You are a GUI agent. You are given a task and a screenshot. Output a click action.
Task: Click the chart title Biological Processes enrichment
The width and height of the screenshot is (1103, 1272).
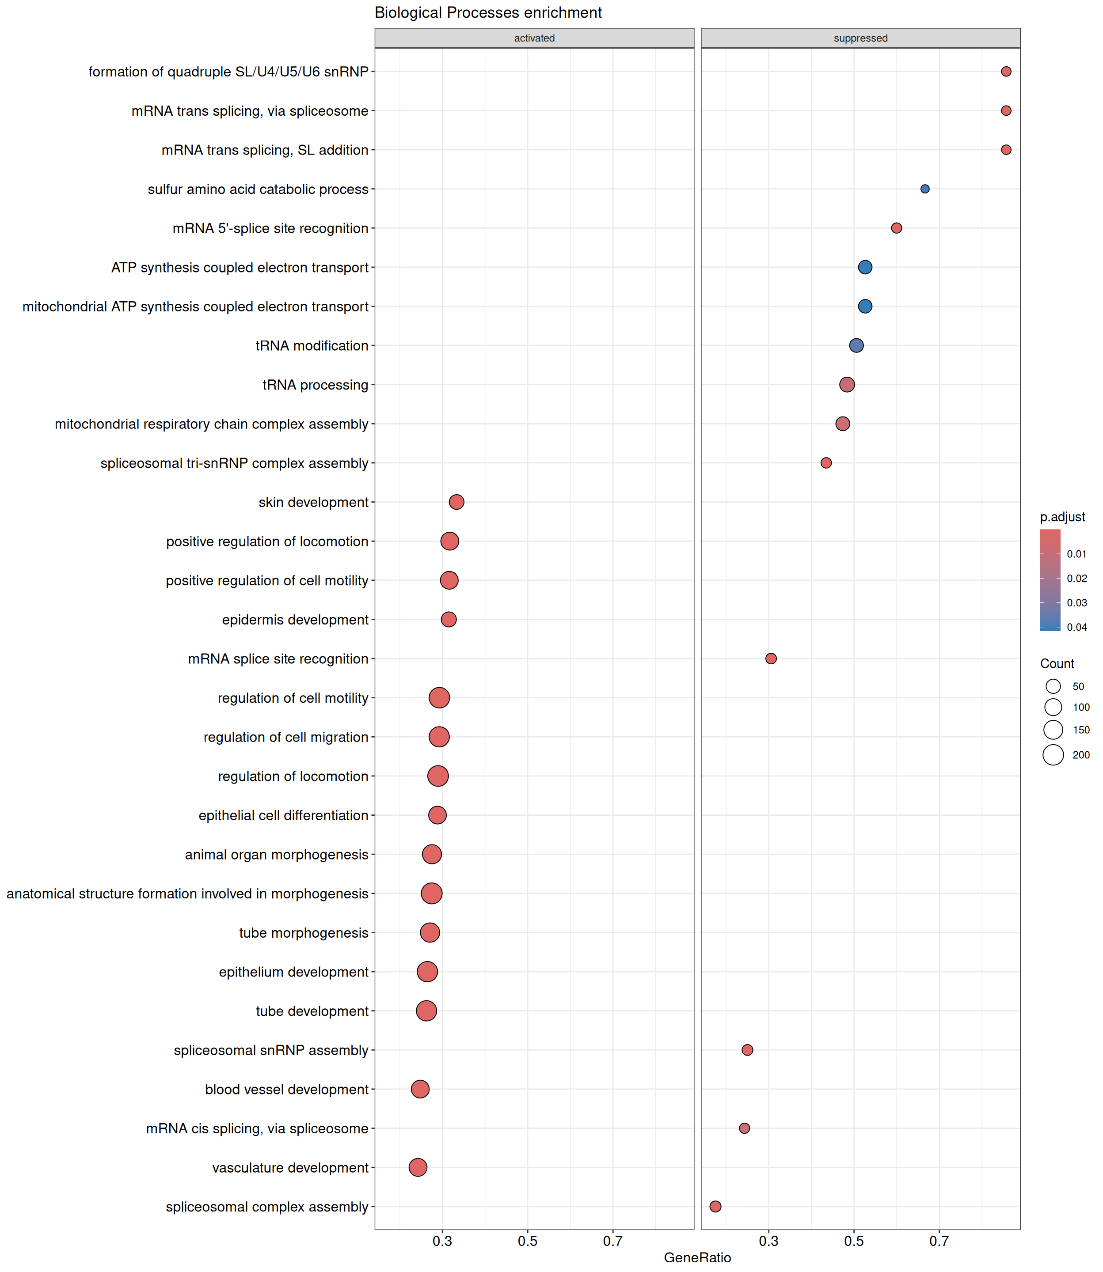point(488,13)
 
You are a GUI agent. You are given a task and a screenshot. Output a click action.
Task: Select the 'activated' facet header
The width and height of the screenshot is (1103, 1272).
point(534,38)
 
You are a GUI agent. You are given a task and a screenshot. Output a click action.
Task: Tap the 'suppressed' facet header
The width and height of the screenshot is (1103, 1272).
point(860,38)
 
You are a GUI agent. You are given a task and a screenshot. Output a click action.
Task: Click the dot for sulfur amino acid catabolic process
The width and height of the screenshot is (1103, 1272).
point(924,189)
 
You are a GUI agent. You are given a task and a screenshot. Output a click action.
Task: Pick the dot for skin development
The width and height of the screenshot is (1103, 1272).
point(456,502)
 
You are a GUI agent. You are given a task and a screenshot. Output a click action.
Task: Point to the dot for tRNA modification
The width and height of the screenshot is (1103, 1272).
point(856,346)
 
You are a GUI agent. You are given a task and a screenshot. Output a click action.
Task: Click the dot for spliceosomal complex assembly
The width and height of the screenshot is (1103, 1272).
point(715,1206)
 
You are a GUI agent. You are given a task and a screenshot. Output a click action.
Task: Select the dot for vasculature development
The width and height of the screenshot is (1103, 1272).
point(418,1167)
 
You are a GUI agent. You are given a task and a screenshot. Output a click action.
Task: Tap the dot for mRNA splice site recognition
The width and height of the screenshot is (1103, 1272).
point(771,659)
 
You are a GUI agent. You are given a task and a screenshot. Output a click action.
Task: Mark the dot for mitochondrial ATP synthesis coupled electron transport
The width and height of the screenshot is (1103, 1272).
point(865,307)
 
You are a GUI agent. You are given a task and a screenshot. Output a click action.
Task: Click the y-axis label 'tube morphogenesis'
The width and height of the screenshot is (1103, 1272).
point(304,932)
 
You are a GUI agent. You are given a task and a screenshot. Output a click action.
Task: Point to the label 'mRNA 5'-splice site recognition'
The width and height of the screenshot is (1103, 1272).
point(270,228)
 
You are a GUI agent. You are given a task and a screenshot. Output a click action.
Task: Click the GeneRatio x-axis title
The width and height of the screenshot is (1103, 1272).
point(697,1257)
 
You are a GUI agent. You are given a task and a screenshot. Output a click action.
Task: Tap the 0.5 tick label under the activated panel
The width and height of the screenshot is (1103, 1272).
point(528,1241)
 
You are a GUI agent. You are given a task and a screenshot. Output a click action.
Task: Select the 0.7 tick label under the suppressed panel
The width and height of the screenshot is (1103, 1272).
point(939,1241)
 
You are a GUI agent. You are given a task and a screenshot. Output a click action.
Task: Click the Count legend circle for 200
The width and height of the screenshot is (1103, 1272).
point(1053,755)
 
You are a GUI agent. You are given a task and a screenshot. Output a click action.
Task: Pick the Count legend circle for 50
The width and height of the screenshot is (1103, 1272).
point(1053,686)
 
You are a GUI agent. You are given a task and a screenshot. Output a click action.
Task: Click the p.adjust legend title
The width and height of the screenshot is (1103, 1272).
point(1062,517)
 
